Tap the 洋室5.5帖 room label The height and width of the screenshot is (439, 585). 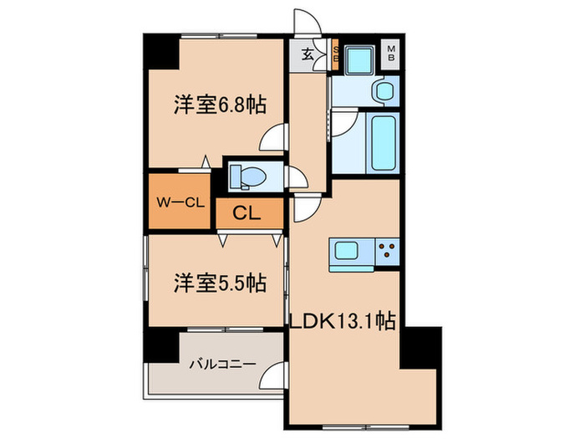220,283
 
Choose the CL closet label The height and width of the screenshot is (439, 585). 246,213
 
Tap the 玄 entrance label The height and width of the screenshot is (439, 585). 308,56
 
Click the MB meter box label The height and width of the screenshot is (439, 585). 391,56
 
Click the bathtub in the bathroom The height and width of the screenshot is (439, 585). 384,143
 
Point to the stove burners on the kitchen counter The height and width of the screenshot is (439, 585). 386,248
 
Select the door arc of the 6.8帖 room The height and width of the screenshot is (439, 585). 272,139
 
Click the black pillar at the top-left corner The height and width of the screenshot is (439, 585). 160,53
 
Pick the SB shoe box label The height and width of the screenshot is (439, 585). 335,56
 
